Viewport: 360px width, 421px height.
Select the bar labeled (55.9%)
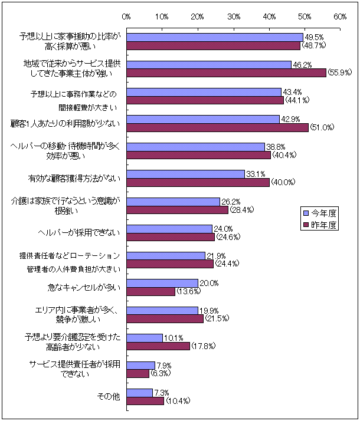point(227,73)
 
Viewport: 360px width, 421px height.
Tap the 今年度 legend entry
point(322,213)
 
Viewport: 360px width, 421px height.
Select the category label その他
point(109,396)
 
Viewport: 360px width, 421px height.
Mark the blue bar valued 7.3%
point(140,392)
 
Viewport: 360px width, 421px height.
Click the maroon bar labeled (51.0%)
point(218,127)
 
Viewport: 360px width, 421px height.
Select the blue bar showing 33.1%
point(186,174)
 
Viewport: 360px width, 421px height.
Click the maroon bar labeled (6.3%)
point(138,373)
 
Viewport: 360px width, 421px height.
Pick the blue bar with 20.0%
point(162,283)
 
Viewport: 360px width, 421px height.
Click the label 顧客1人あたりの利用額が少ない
point(66,123)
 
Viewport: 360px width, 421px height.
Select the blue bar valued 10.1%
point(145,338)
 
